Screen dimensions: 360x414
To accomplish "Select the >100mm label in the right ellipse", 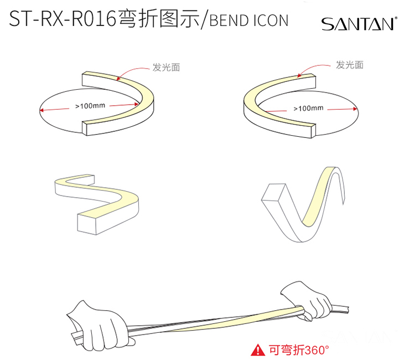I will (308, 108).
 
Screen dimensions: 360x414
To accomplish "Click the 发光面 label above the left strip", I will (166, 68).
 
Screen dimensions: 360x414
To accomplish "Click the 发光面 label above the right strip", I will (350, 65).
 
